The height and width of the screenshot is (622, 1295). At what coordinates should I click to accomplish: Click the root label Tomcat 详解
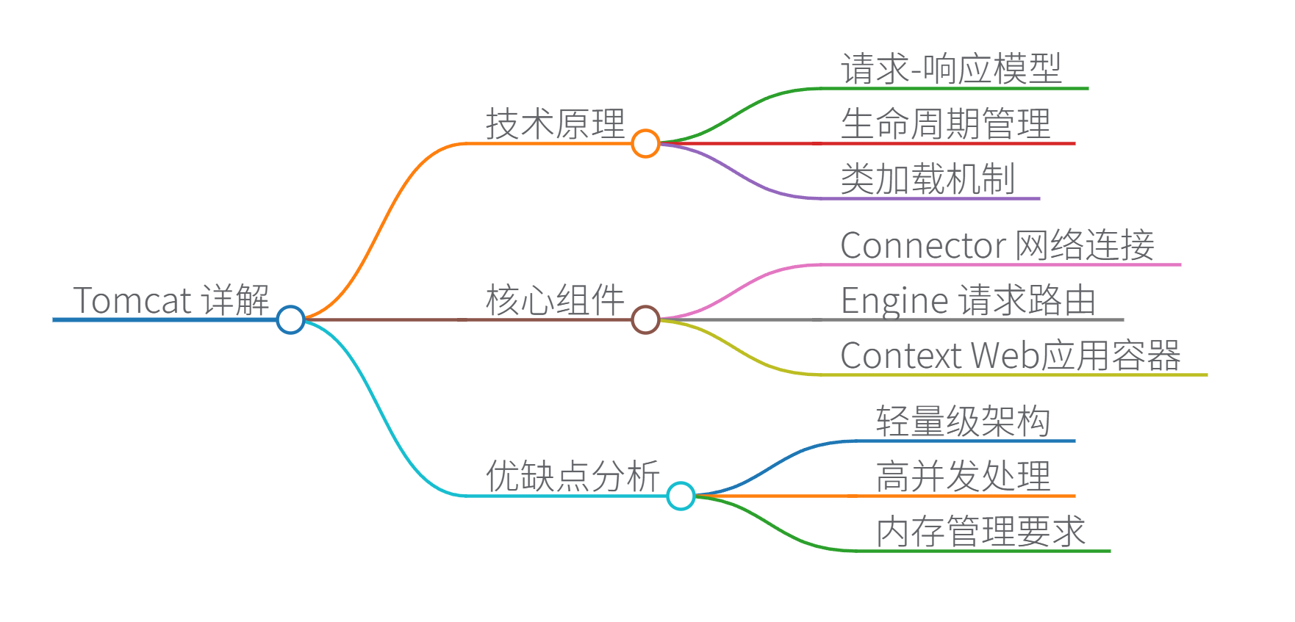171,300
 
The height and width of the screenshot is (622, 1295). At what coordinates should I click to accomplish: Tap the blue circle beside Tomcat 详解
291,319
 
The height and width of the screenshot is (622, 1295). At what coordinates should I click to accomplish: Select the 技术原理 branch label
555,123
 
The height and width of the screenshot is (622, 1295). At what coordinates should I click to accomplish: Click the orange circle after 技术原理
645,143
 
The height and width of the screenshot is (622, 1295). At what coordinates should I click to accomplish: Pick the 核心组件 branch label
555,300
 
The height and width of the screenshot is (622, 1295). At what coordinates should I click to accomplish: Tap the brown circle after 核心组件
645,319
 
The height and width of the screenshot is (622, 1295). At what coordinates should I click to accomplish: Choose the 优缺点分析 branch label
573,476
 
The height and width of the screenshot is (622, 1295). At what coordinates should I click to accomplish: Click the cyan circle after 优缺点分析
681,496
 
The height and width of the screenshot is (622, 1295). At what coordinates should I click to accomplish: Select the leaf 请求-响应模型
951,69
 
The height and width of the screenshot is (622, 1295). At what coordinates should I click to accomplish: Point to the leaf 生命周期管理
946,123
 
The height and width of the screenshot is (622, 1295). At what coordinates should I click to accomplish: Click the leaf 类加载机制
928,179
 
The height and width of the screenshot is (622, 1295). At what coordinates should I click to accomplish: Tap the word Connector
923,245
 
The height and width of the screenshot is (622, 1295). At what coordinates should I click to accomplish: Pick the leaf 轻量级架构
963,422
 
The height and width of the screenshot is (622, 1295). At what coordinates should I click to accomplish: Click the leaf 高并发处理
963,476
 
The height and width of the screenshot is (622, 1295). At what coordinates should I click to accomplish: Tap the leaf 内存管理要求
980,531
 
